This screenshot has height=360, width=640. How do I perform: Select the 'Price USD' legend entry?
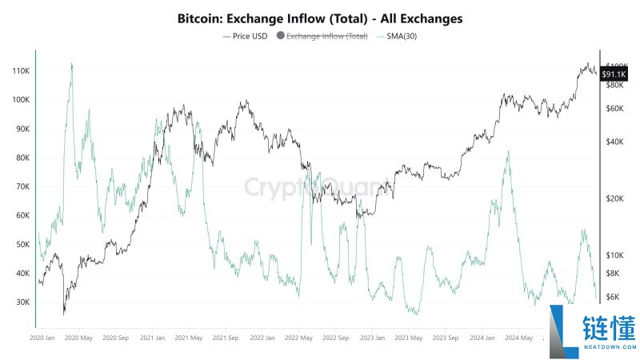[246, 35]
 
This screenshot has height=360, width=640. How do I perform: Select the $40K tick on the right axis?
[614, 142]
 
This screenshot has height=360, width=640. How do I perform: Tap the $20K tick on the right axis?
[614, 198]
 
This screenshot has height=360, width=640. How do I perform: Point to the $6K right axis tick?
[613, 297]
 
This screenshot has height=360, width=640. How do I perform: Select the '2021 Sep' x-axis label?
[226, 338]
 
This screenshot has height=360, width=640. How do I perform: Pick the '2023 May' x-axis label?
[408, 338]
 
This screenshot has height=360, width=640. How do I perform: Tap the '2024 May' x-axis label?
[518, 338]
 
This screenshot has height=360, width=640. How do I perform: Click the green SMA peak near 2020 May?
[72, 64]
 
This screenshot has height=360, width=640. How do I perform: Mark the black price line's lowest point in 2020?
[64, 314]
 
